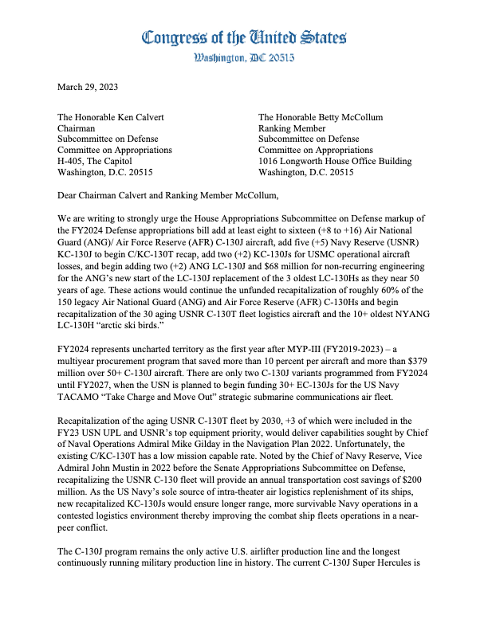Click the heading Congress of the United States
pos(244,37)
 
